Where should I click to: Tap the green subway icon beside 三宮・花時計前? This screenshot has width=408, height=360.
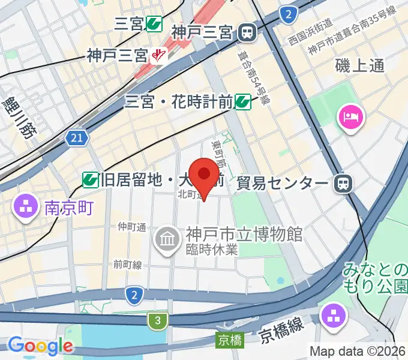(x=242, y=102)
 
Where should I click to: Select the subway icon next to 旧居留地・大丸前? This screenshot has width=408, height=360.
(x=91, y=178)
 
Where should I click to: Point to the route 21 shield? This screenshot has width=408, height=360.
(x=76, y=139)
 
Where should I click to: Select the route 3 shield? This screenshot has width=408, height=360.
(x=157, y=321)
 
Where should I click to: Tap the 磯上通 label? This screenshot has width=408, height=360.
(x=359, y=65)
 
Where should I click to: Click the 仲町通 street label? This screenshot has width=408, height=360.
(x=132, y=227)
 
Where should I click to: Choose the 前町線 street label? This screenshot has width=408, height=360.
(x=127, y=265)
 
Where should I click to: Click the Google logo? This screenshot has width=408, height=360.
(x=40, y=346)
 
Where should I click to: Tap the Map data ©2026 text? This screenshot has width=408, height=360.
(x=358, y=351)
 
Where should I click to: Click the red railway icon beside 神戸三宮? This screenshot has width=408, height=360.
(x=158, y=56)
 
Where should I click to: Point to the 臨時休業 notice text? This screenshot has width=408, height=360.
(x=212, y=250)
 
